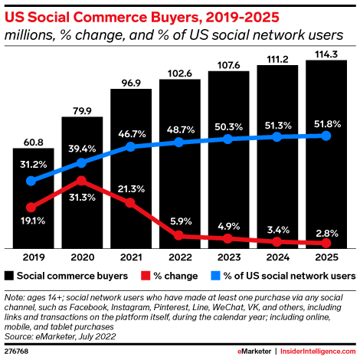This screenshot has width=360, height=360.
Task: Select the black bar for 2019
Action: point(33,222)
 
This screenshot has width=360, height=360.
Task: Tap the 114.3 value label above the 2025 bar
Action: point(326,53)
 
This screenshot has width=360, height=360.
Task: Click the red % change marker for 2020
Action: point(82,182)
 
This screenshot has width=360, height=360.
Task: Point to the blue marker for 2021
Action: point(131,146)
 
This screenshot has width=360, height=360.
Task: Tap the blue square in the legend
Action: point(217,275)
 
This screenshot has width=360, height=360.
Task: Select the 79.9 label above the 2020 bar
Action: point(82,110)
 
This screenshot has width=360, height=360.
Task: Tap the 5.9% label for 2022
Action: point(180,219)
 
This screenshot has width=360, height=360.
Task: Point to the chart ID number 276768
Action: point(18,349)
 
